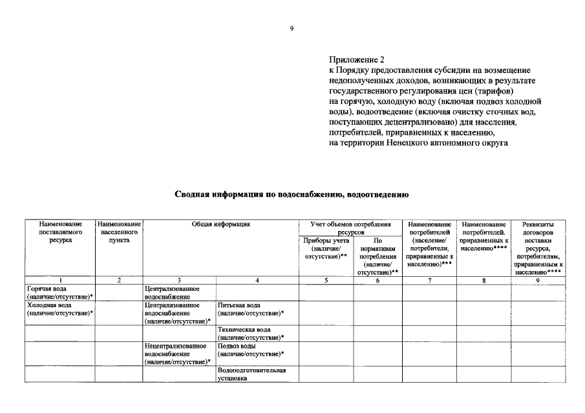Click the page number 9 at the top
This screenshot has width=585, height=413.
point(292,28)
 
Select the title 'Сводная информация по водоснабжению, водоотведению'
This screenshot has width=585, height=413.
point(292,193)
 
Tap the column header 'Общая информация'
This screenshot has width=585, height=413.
point(220,224)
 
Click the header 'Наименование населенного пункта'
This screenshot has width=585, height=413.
point(119,232)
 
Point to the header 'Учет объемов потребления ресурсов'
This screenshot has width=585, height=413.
point(350,227)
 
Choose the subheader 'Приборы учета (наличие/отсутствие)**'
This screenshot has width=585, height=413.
point(326,248)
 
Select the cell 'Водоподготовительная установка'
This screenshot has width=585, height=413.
point(251,374)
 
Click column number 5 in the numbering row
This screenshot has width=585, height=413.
point(326,280)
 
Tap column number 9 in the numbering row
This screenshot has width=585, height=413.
point(537,280)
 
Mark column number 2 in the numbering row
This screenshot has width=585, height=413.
point(119,280)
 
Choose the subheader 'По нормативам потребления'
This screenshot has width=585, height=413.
point(378,256)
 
